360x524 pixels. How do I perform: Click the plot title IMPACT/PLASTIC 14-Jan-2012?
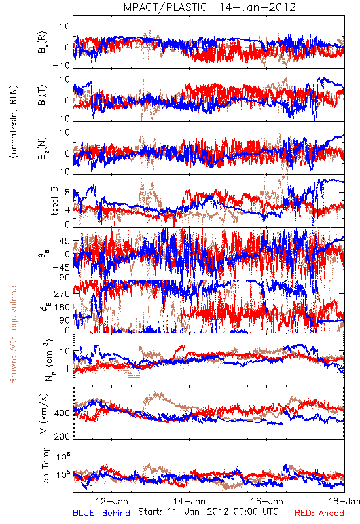(208, 7)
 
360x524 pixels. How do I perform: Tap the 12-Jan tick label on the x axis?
(112, 501)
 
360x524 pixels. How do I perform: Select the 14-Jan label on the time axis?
(189, 501)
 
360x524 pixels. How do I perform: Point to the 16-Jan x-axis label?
(267, 501)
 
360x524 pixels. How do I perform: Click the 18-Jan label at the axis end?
(344, 501)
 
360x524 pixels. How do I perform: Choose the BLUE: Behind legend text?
(101, 514)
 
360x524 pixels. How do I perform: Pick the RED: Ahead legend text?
(319, 514)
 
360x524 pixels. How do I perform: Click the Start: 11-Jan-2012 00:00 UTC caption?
(208, 512)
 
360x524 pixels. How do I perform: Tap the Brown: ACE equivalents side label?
(13, 333)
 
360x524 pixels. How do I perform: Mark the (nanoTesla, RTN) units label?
(14, 122)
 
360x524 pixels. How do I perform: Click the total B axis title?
(54, 200)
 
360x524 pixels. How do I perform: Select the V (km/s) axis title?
(44, 413)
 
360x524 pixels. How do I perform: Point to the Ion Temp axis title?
(45, 465)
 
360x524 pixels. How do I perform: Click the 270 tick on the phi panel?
(63, 293)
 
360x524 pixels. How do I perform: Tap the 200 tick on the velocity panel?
(63, 436)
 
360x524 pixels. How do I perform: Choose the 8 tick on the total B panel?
(67, 193)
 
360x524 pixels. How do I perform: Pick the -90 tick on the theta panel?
(62, 278)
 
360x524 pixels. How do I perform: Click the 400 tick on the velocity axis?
(63, 413)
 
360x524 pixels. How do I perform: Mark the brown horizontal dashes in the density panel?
(134, 375)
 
